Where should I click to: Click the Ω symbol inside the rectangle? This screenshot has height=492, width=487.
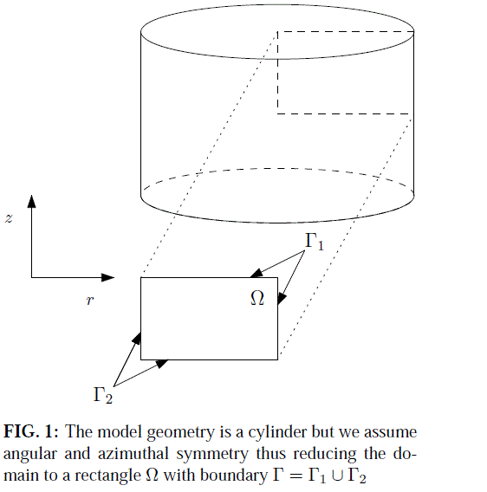tap(257, 298)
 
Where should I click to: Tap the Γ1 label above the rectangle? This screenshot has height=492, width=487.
tap(315, 242)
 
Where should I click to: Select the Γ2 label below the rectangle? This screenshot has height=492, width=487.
tap(103, 395)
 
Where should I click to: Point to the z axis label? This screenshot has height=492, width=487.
tap(9, 218)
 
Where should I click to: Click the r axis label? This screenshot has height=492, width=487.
tap(90, 301)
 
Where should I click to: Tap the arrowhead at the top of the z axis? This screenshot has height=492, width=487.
tap(31, 202)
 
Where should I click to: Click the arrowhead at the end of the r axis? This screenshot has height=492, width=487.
tap(108, 277)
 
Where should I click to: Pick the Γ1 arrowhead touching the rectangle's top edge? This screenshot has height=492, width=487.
tap(256, 273)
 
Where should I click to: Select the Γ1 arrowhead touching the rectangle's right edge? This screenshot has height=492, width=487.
tap(282, 298)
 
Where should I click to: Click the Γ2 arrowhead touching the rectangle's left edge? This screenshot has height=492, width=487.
tap(136, 339)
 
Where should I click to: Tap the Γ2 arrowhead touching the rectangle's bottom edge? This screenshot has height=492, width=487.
tap(162, 364)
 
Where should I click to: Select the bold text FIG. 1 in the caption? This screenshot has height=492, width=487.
tap(30, 431)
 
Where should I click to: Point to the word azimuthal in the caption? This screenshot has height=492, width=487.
tap(133, 454)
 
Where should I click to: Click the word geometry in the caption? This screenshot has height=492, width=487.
tap(180, 433)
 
